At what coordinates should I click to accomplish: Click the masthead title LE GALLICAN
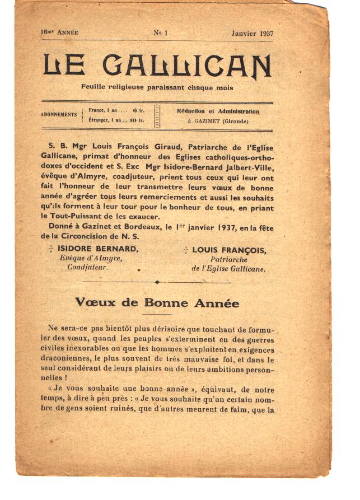(x=157, y=66)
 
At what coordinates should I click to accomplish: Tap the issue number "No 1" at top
(x=161, y=32)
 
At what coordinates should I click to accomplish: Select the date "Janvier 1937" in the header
(x=252, y=33)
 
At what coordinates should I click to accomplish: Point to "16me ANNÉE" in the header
(x=59, y=32)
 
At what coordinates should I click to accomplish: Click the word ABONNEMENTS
(x=59, y=115)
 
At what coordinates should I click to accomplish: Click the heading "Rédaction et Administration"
(x=218, y=111)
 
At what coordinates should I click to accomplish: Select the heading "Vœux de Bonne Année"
(x=157, y=303)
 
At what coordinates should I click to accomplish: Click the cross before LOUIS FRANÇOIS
(x=185, y=250)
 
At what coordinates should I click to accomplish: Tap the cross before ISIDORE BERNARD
(x=52, y=250)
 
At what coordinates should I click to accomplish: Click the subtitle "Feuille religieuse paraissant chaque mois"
(x=157, y=88)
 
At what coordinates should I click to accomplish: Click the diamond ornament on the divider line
(x=157, y=282)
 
